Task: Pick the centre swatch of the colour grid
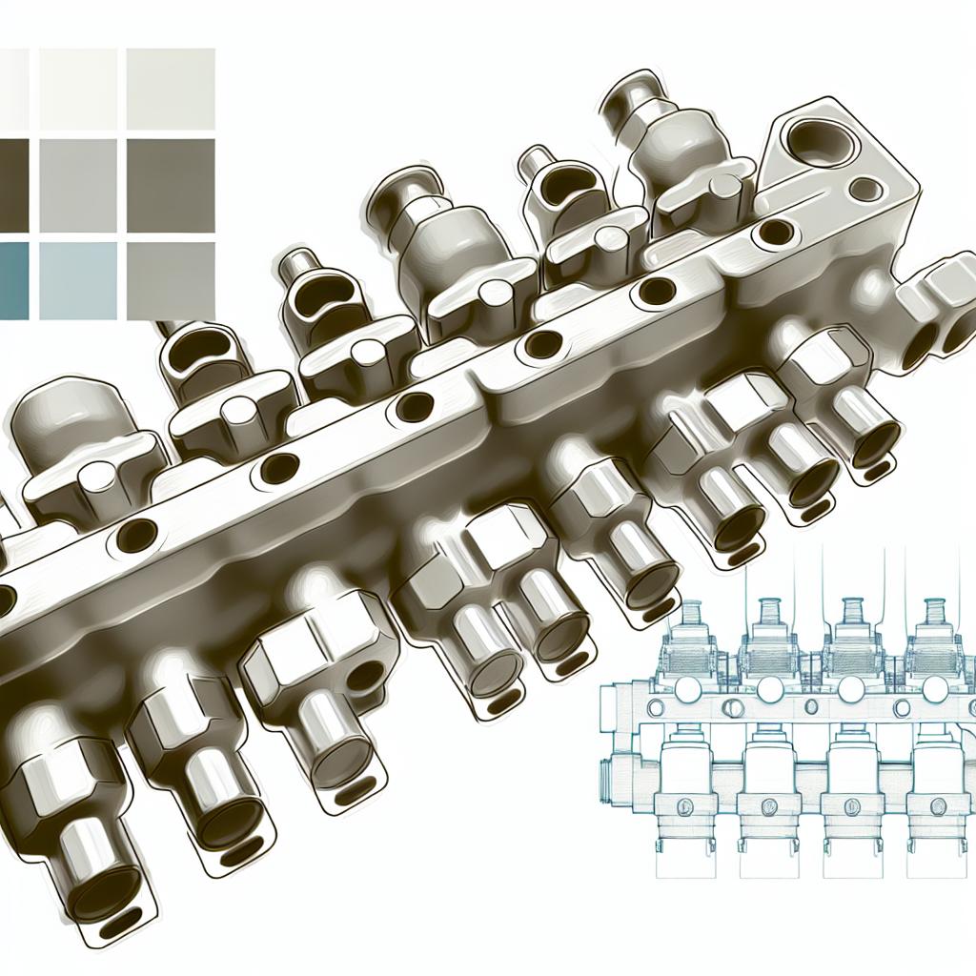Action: click(78, 184)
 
